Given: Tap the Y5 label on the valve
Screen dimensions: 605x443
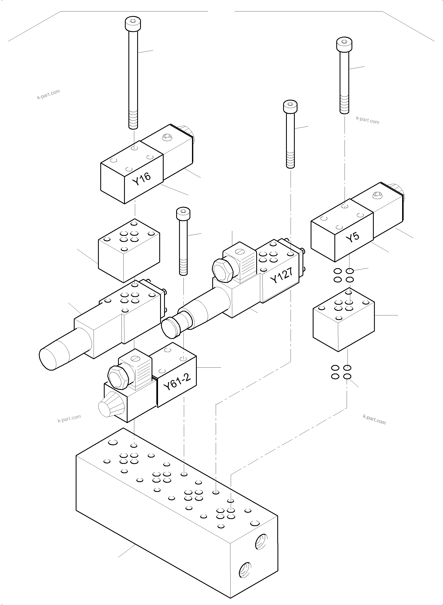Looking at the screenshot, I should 352,237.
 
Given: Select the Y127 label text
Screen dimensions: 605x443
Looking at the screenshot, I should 282,276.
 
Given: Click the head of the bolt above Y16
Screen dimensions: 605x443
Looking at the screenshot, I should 133,24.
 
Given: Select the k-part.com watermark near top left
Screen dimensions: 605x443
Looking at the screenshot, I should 49,94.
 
